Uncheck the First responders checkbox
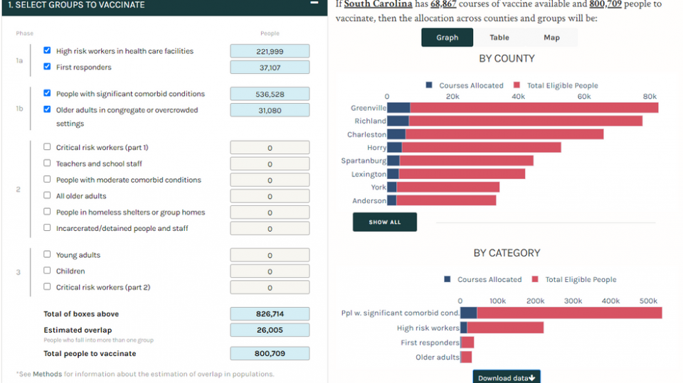[x=47, y=67]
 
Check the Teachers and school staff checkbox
[x=47, y=163]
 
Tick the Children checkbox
[x=47, y=271]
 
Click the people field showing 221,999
[x=270, y=51]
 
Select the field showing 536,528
[x=270, y=94]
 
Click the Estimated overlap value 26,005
[x=270, y=330]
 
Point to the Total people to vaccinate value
[x=270, y=353]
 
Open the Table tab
[x=499, y=38]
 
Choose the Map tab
[x=551, y=38]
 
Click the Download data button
[x=507, y=377]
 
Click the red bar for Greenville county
[x=534, y=108]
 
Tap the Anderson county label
[x=369, y=201]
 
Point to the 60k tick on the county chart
[x=584, y=96]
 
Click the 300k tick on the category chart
[x=573, y=301]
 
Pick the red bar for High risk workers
[x=505, y=328]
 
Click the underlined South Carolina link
[x=378, y=4]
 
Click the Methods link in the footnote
[x=47, y=374]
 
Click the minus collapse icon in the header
[x=314, y=4]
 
